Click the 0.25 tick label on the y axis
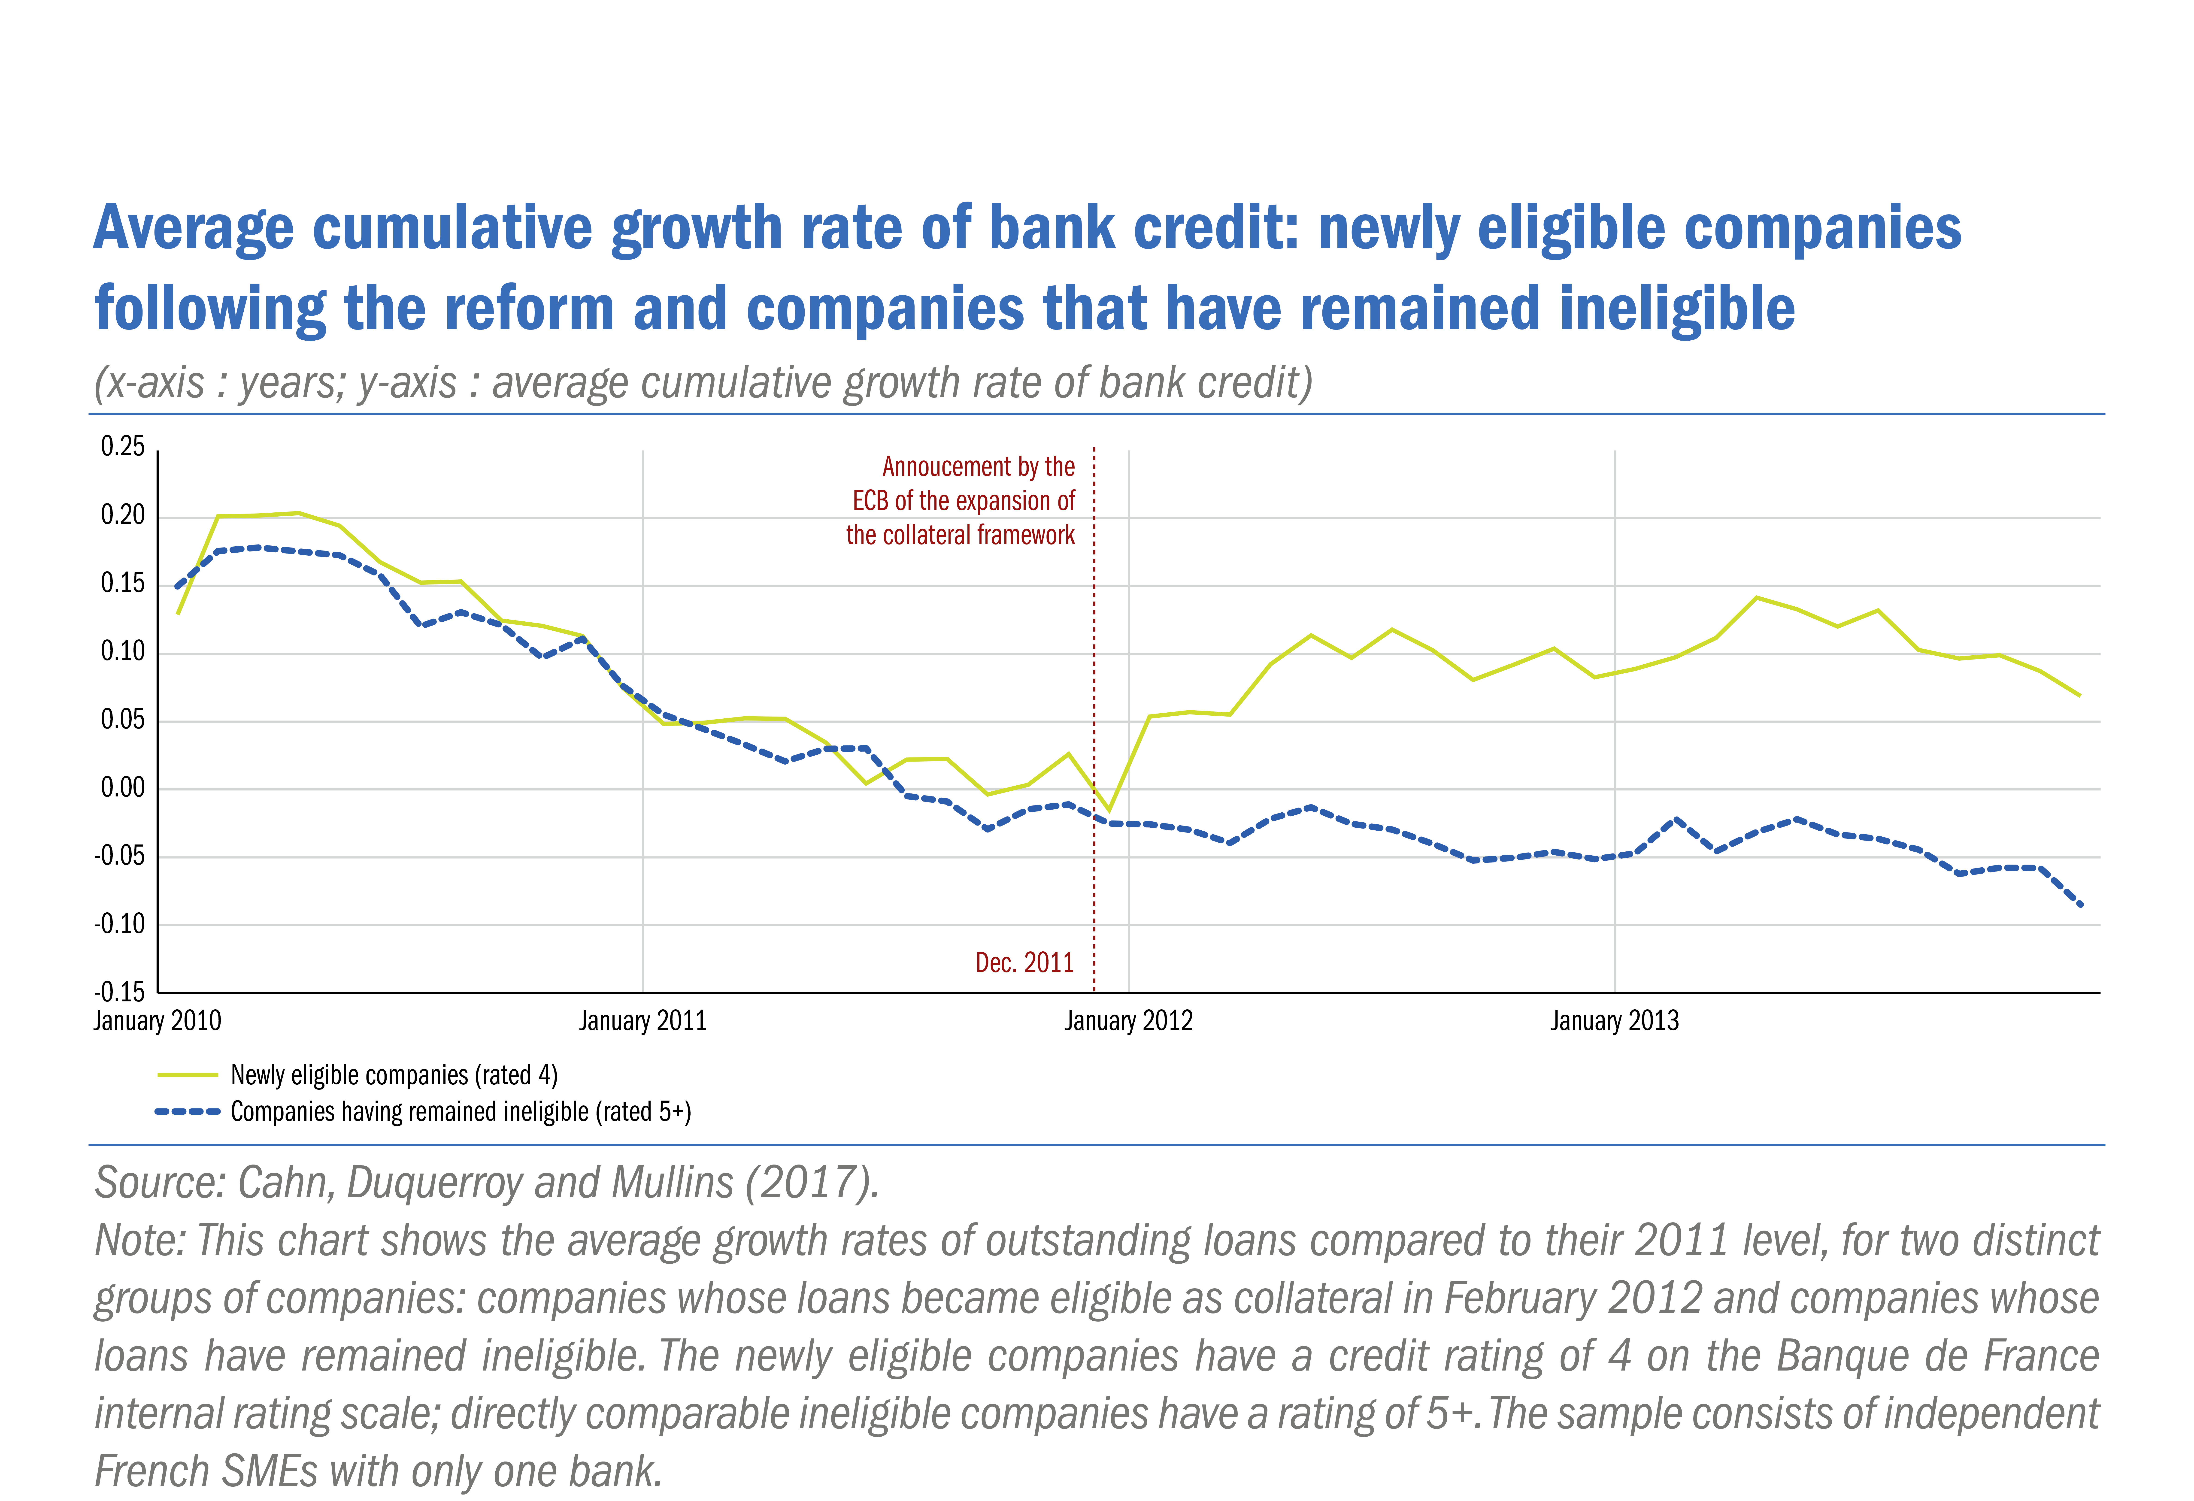pos(123,447)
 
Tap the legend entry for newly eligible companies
pos(394,1075)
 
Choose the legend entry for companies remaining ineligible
pos(461,1112)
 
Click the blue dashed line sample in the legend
pos(188,1112)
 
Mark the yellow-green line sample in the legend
pos(188,1075)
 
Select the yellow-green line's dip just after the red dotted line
pos(1109,809)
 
